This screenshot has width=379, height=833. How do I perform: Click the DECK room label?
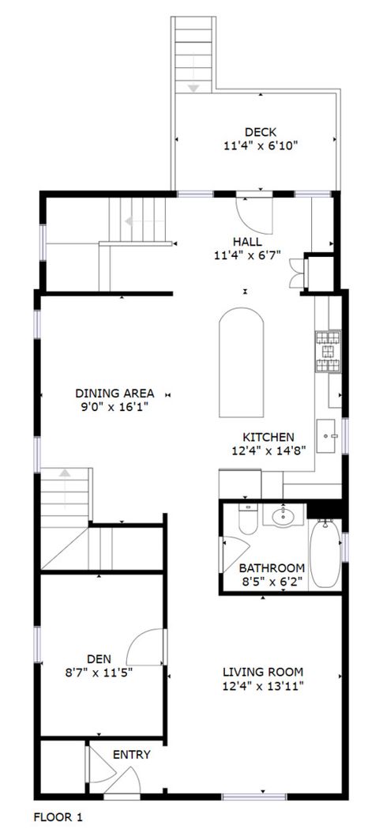[260, 132]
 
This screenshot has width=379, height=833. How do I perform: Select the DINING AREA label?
[114, 393]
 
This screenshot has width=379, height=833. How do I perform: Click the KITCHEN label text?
[268, 437]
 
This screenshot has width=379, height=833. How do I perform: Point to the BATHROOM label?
[272, 567]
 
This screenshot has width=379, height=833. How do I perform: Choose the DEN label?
[99, 658]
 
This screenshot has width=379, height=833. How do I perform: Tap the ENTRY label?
[131, 755]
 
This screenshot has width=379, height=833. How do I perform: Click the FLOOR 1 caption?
[58, 815]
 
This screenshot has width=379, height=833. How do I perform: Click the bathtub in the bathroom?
[324, 553]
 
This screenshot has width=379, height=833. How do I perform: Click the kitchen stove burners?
[328, 352]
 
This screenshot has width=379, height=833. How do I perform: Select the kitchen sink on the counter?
[329, 435]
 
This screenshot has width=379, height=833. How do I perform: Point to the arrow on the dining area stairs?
[65, 473]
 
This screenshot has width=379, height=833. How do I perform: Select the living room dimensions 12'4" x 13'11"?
[263, 688]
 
